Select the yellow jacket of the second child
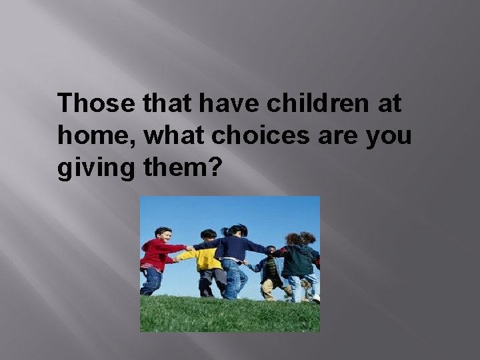click(207, 259)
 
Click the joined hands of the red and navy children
click(191, 249)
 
